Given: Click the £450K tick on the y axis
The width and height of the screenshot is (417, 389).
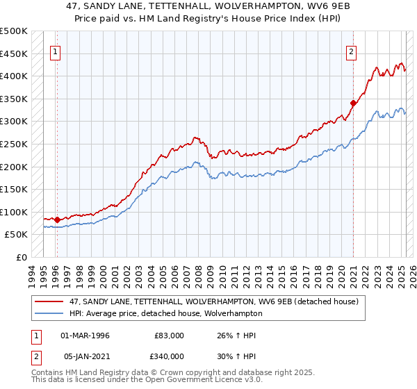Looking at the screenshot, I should [x=14, y=53].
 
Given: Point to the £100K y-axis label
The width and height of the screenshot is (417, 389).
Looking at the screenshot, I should [x=14, y=212].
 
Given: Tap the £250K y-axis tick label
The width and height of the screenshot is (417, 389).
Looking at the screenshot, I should [x=14, y=144].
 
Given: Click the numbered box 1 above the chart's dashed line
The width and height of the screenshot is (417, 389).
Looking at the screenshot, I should [x=55, y=51].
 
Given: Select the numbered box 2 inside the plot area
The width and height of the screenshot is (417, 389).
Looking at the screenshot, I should [x=352, y=51].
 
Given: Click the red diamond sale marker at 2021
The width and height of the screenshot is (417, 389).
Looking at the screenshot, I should [x=353, y=104].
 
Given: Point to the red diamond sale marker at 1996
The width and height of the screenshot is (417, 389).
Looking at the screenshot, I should [x=57, y=220].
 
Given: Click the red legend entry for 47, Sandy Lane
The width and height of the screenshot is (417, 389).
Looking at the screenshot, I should [x=214, y=301].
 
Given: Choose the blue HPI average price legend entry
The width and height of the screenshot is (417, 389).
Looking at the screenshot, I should [x=165, y=313].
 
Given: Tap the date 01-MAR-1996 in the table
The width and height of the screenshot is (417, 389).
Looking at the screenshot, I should [x=85, y=336].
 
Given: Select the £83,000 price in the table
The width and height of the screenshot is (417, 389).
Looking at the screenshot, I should [x=170, y=336].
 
